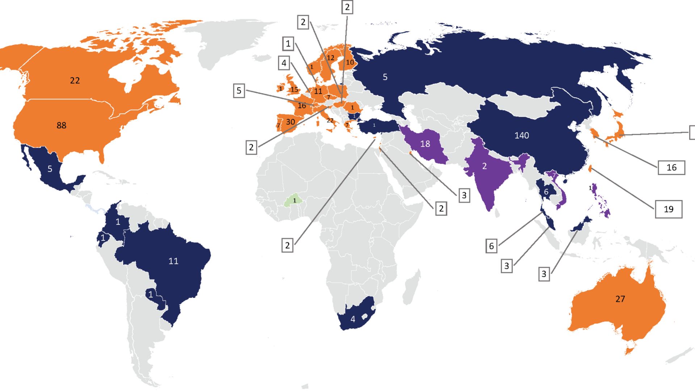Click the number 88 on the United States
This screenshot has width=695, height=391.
(62, 126)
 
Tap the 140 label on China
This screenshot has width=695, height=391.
(522, 135)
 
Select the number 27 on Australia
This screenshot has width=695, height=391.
(620, 299)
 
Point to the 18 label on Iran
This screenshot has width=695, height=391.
(425, 144)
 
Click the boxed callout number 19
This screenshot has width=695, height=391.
(669, 209)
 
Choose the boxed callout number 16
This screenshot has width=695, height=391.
(671, 168)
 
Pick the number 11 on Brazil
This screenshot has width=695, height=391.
(173, 261)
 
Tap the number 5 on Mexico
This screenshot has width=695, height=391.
(50, 169)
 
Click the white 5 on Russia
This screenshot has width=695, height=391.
(385, 77)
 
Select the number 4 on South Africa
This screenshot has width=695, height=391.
(353, 319)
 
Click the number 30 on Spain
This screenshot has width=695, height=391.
(290, 122)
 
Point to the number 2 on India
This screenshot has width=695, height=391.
(484, 166)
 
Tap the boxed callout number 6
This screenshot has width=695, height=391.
(491, 246)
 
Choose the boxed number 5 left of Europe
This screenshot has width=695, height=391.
(239, 91)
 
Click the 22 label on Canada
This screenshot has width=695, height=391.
(75, 80)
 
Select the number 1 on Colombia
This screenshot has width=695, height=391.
(118, 222)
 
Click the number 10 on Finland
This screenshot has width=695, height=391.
(350, 63)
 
